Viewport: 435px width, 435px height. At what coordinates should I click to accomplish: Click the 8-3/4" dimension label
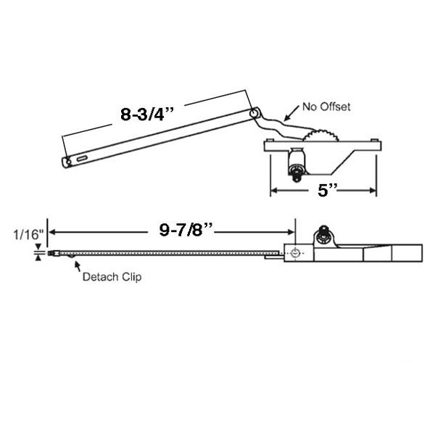point(152,114)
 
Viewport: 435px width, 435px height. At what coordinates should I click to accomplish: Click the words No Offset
point(326,107)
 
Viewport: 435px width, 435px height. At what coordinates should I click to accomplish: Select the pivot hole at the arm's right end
point(254,114)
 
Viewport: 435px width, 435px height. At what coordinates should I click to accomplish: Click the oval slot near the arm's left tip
point(81,157)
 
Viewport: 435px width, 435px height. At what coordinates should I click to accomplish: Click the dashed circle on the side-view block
point(296,254)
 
